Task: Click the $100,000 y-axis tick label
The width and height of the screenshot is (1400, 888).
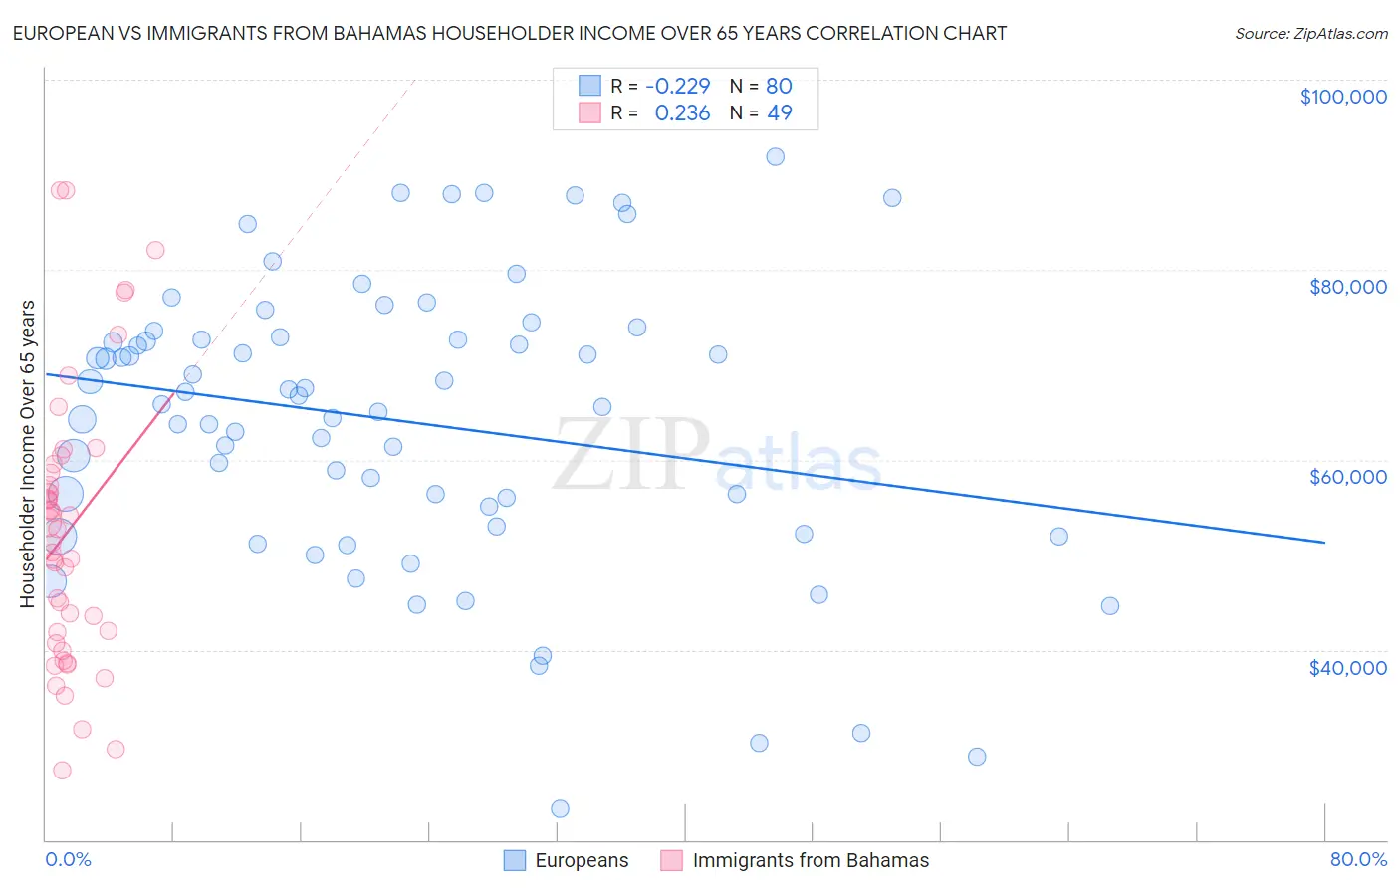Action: point(1343,97)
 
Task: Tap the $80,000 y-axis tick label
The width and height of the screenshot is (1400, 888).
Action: point(1347,287)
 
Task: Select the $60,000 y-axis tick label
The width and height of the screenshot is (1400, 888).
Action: point(1347,477)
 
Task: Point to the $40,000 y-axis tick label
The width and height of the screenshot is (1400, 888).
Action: point(1347,667)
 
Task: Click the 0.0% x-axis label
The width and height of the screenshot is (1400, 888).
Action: point(68,859)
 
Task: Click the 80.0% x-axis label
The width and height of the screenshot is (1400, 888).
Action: point(1358,859)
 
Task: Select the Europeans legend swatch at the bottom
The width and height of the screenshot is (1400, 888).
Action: point(514,860)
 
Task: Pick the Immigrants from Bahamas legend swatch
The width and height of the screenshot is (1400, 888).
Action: point(672,860)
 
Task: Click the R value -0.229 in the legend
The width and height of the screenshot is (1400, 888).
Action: point(678,86)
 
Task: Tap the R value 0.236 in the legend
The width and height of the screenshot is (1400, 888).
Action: point(682,113)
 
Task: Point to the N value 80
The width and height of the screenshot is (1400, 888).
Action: point(779,86)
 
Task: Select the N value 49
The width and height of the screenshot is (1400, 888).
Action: point(779,113)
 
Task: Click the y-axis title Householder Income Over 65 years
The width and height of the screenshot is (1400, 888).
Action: point(28,453)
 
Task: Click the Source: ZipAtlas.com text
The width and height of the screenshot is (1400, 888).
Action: point(1310,34)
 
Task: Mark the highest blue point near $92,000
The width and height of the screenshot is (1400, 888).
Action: point(775,157)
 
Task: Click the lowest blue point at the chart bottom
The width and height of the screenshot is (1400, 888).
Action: point(560,809)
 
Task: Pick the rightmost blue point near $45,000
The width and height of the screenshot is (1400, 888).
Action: point(1110,606)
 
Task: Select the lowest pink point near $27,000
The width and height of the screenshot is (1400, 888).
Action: point(62,771)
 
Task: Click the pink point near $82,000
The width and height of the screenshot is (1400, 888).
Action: point(155,251)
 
